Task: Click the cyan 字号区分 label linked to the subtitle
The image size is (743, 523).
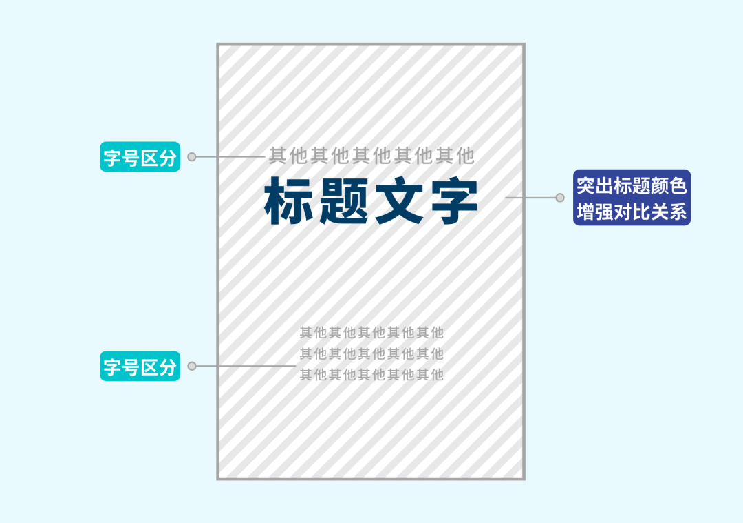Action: pyautogui.click(x=140, y=157)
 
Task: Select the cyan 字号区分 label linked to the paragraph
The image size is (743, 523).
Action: pyautogui.click(x=140, y=367)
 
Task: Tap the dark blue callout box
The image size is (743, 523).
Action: pyautogui.click(x=632, y=198)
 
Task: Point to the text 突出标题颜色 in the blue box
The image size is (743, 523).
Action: pyautogui.click(x=632, y=186)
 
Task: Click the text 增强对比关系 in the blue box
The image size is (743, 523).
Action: pyautogui.click(x=632, y=211)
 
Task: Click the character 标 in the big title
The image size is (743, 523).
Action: pyautogui.click(x=290, y=201)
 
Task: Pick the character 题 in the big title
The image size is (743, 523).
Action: pyautogui.click(x=344, y=201)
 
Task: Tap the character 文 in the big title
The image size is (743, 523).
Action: pyautogui.click(x=398, y=201)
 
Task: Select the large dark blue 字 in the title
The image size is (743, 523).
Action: pyautogui.click(x=452, y=201)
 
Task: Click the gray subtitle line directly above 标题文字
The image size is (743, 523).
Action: pyautogui.click(x=371, y=156)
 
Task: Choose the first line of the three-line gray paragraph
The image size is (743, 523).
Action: pyautogui.click(x=371, y=333)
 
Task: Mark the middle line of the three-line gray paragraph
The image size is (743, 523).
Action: pyautogui.click(x=371, y=354)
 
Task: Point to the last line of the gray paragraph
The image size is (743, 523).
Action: pyautogui.click(x=371, y=375)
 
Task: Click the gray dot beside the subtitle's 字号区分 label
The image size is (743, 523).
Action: pyautogui.click(x=192, y=157)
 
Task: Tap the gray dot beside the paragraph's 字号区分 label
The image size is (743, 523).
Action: pyautogui.click(x=192, y=366)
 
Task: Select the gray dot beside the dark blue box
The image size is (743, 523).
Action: pyautogui.click(x=560, y=198)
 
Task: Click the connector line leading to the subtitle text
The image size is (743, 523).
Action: pyautogui.click(x=230, y=157)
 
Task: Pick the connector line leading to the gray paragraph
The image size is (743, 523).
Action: pyautogui.click(x=244, y=366)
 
